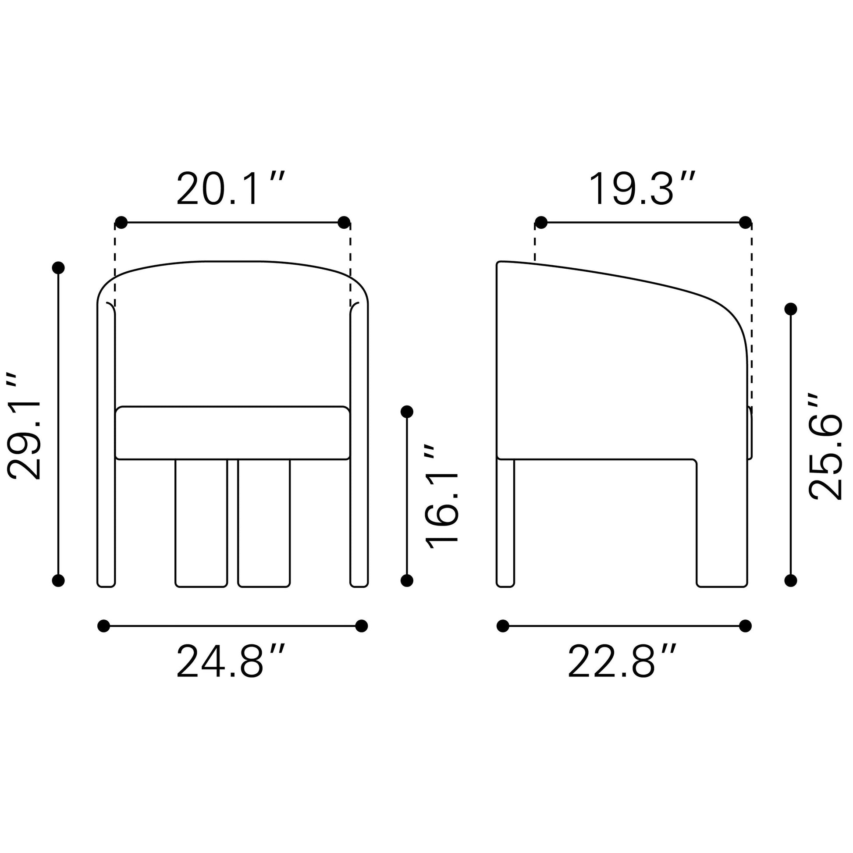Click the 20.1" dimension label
click(x=231, y=189)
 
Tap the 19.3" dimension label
click(x=643, y=189)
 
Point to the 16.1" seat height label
click(x=441, y=496)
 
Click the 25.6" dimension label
click(x=825, y=446)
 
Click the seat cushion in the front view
click(x=233, y=433)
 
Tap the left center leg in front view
click(x=201, y=523)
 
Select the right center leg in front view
click(x=264, y=523)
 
